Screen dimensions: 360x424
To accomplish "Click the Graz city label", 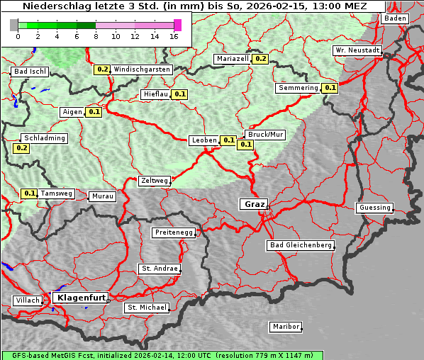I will pos(253,204).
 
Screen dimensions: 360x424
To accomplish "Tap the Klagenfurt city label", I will pos(80,298).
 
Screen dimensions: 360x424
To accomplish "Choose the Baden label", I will pos(395,18).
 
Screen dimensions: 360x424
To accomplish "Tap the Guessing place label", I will pos(374,208).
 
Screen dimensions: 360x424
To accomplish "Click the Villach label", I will pos(27,300).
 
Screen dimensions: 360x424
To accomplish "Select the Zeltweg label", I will pos(155,181).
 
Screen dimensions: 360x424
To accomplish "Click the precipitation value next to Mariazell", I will pos(260,59).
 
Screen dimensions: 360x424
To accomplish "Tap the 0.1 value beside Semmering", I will pos(330,88).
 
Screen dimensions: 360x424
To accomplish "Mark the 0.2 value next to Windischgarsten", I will pos(103,69).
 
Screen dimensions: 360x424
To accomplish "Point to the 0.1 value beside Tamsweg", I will pos(29,193).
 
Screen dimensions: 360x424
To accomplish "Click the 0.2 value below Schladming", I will pos(21,148).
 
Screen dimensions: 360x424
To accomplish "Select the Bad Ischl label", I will pos(30,72).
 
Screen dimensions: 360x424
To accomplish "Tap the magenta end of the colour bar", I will pos(177,25).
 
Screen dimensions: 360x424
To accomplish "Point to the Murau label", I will pos(101,196).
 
